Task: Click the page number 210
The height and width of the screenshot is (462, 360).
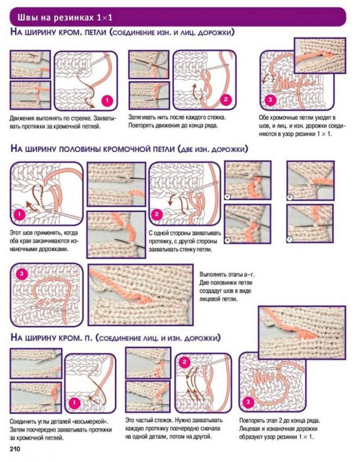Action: [x=15, y=450]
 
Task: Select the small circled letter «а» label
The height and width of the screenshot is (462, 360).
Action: [x=228, y=196]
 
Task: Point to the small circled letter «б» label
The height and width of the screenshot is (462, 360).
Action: [x=290, y=197]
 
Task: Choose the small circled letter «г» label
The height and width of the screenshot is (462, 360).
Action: [x=290, y=239]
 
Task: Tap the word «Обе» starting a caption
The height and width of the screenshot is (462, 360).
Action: [x=263, y=117]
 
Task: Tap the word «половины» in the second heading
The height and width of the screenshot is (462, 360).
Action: [x=80, y=149]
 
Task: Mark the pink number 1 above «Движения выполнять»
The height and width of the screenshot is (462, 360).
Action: [x=107, y=100]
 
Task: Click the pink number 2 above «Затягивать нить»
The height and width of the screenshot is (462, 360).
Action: [x=226, y=99]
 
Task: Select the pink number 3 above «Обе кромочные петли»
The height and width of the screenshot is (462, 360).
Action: [x=270, y=99]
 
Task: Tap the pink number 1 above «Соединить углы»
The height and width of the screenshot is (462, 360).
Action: [x=74, y=402]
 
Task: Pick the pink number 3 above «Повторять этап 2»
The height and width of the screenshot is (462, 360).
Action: [x=248, y=402]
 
